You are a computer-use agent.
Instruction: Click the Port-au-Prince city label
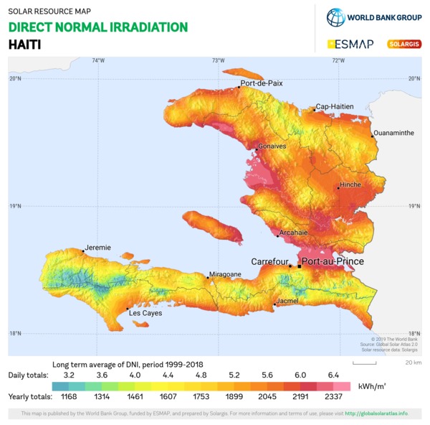click(333, 262)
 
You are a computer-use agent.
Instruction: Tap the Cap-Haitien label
click(335, 106)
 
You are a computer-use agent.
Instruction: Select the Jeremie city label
click(97, 248)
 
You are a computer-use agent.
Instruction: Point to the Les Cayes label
click(145, 313)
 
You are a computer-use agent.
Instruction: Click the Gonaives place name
click(272, 146)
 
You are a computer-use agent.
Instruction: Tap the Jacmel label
click(287, 301)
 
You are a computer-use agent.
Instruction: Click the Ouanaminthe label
click(394, 133)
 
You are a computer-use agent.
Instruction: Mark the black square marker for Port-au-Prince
click(300, 266)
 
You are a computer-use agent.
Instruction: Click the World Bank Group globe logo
click(335, 17)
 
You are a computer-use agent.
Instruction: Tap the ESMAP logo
click(351, 44)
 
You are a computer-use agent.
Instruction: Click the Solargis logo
click(404, 44)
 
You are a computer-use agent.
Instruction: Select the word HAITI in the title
click(24, 44)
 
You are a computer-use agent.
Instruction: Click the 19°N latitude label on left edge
click(14, 207)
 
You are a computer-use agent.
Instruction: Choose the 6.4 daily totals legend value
click(333, 375)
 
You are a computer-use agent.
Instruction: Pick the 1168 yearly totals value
click(68, 396)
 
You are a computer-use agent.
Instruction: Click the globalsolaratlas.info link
click(376, 414)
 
